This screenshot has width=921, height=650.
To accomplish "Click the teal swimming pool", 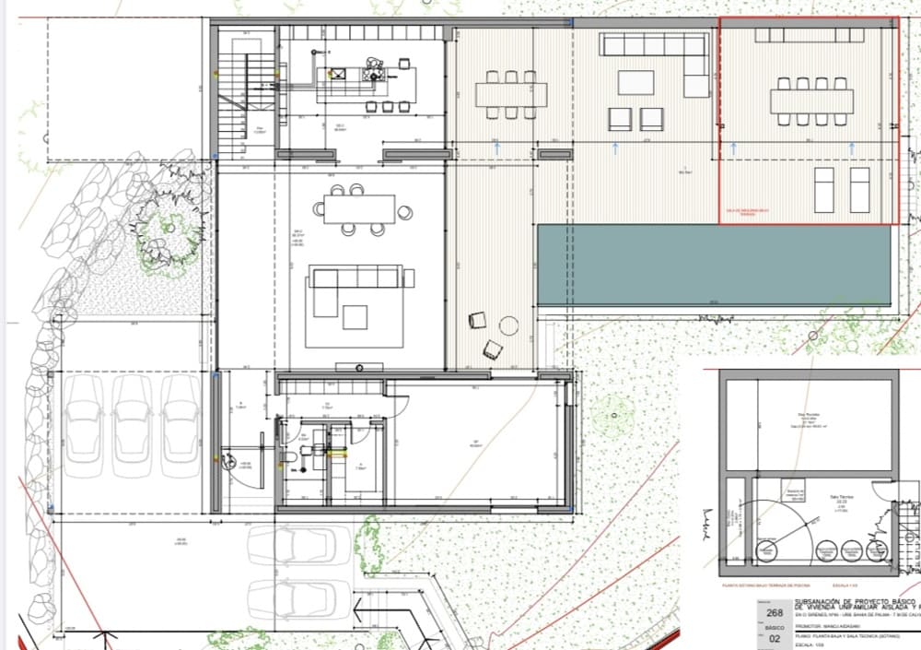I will (714, 266).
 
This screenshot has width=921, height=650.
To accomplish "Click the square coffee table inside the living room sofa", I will (356, 317).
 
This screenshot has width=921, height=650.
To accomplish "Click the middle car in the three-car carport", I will (132, 424).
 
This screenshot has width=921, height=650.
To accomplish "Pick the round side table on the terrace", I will (508, 325).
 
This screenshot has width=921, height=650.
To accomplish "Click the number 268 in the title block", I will (775, 613).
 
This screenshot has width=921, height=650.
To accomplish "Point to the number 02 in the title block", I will (775, 638).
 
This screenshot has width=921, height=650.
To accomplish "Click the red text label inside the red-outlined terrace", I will (746, 213).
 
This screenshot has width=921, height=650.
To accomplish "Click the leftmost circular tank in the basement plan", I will (765, 552).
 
